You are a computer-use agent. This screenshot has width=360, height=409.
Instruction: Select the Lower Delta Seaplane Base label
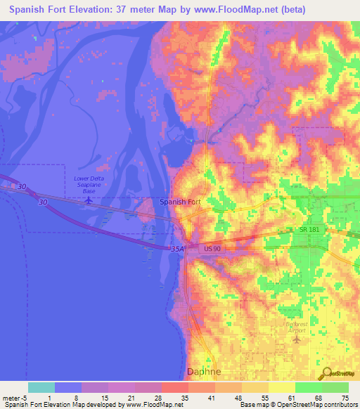[x=89, y=185]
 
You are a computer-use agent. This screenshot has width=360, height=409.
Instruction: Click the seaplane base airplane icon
[x=89, y=200]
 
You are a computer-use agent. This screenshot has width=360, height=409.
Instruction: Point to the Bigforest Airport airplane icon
[x=296, y=339]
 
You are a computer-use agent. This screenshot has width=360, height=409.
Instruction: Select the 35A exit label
[x=177, y=248]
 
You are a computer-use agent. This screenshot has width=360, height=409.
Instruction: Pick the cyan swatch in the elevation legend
[x=41, y=387]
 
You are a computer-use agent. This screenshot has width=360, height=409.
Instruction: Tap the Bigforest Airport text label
[x=296, y=327]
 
